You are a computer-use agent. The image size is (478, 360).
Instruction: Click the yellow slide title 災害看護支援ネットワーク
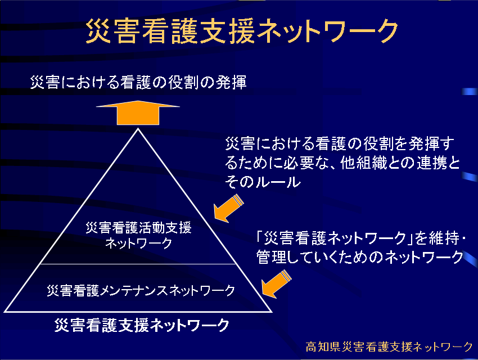242,31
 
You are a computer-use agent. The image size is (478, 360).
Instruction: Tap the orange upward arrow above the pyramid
138,112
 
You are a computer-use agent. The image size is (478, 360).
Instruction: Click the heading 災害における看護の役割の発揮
138,82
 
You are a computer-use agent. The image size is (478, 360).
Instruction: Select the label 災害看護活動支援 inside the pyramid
138,227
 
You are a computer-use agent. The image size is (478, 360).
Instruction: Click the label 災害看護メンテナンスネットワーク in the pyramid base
141,290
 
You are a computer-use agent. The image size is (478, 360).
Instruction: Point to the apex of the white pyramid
138,129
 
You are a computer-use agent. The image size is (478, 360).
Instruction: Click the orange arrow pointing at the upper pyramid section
228,209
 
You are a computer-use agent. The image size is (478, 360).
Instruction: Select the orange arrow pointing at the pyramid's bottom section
276,284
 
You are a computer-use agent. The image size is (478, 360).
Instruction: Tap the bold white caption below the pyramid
142,325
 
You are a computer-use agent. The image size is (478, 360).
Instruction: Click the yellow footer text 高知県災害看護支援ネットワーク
389,346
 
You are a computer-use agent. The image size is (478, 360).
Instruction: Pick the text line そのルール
263,182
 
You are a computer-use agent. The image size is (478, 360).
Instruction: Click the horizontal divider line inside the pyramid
138,264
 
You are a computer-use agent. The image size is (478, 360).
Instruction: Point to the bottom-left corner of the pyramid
5,312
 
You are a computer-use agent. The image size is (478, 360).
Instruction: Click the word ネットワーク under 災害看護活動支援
139,243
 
